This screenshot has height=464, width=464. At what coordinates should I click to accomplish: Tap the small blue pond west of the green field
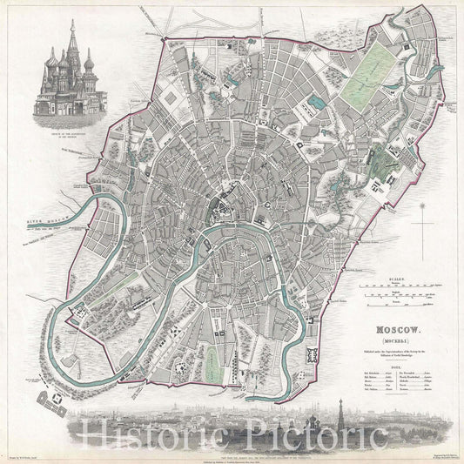314,102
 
